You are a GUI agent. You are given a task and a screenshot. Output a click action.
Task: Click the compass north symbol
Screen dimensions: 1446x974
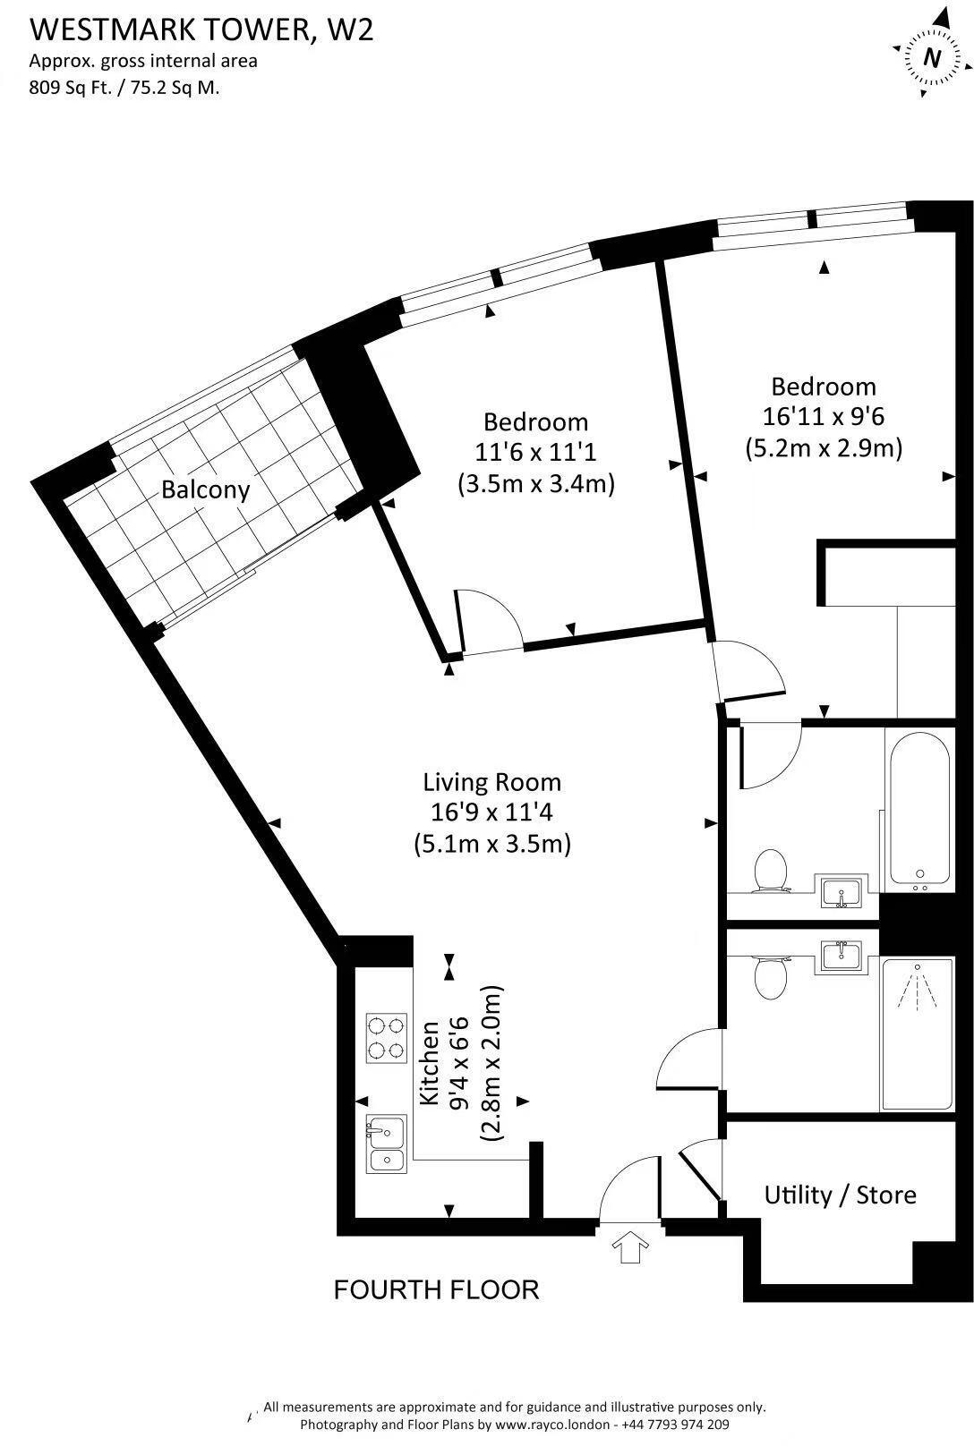(933, 57)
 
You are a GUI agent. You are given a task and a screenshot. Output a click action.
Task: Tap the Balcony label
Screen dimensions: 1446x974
(205, 489)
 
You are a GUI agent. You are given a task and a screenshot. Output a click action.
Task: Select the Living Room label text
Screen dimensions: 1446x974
(491, 782)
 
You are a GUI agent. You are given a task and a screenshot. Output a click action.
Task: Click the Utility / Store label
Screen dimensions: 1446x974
(840, 1195)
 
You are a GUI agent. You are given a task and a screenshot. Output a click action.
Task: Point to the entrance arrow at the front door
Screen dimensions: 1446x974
(631, 1246)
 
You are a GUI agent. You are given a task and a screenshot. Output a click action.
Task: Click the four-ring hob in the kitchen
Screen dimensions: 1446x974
(386, 1037)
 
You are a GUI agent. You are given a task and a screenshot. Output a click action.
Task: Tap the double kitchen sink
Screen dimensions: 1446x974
(386, 1145)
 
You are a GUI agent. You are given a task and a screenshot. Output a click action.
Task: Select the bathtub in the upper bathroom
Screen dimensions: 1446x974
(918, 810)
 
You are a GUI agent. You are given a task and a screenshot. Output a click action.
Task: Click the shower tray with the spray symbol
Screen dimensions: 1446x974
(917, 1033)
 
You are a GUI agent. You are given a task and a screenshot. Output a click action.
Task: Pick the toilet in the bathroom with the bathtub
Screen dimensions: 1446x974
(770, 871)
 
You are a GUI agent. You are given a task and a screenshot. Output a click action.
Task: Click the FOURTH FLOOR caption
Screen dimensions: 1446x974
(436, 1289)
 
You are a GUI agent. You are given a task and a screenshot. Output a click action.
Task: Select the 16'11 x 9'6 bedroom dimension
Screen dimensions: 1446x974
(823, 417)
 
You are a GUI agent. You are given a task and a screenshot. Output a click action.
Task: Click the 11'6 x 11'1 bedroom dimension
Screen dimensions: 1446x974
(535, 453)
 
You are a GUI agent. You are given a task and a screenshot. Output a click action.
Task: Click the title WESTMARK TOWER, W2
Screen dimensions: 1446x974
(201, 30)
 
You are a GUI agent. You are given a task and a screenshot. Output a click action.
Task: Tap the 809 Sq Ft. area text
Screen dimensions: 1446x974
(79, 88)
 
